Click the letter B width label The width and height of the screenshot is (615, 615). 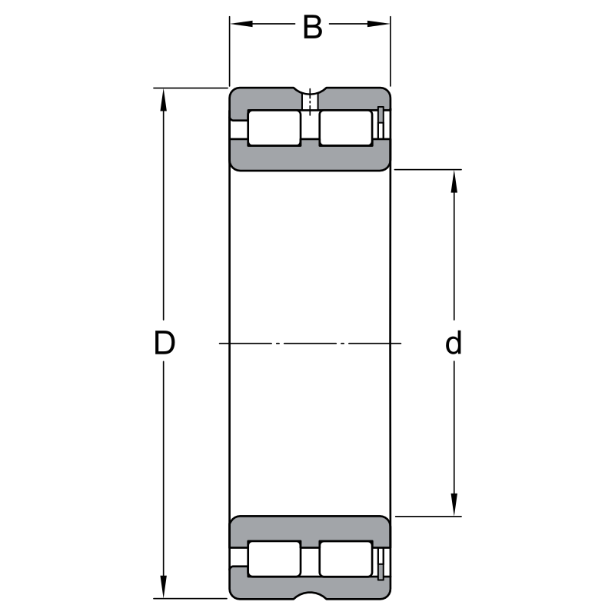pyautogui.click(x=313, y=27)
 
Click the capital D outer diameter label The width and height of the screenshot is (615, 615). pyautogui.click(x=164, y=342)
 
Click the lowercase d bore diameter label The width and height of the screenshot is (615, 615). pyautogui.click(x=454, y=342)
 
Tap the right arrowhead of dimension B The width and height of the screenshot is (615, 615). pyautogui.click(x=378, y=24)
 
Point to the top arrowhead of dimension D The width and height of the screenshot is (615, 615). pyautogui.click(x=164, y=100)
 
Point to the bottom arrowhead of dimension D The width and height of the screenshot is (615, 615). pyautogui.click(x=164, y=587)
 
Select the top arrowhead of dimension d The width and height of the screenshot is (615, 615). pyautogui.click(x=454, y=181)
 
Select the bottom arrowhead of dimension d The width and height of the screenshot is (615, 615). pyautogui.click(x=454, y=504)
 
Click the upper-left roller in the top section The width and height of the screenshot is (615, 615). pyautogui.click(x=274, y=128)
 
